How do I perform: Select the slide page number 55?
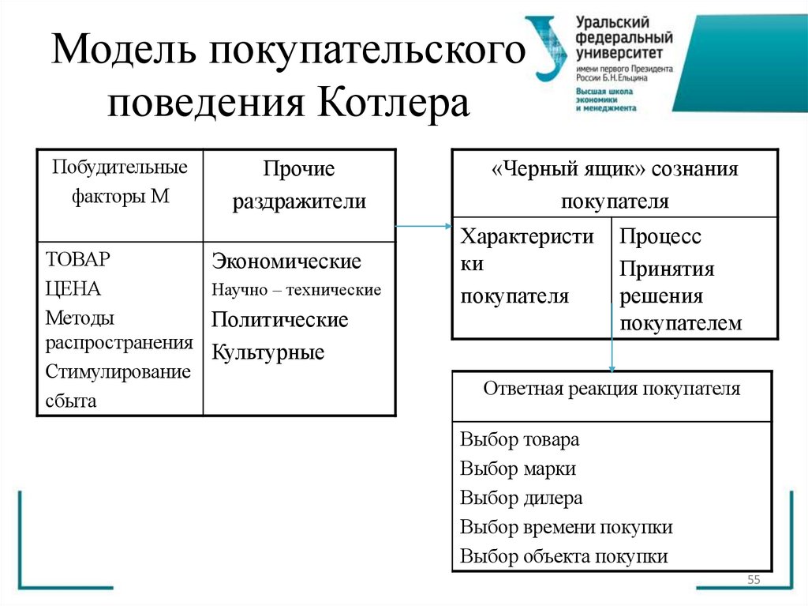click(x=753, y=581)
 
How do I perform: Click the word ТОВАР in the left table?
click(x=77, y=260)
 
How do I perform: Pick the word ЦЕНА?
click(x=73, y=289)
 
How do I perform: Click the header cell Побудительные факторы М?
click(x=120, y=182)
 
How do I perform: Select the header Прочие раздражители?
click(x=298, y=185)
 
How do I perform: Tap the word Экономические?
click(x=286, y=261)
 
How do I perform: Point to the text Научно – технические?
click(x=296, y=290)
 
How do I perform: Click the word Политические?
click(x=279, y=320)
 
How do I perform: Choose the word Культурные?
click(x=268, y=352)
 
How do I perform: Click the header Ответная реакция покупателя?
click(x=612, y=389)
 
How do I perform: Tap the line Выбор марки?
click(x=518, y=469)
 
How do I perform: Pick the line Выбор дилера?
click(x=521, y=498)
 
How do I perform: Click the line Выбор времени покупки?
click(x=566, y=527)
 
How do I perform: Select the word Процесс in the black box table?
click(x=660, y=237)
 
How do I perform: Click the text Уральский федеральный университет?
click(x=623, y=37)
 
